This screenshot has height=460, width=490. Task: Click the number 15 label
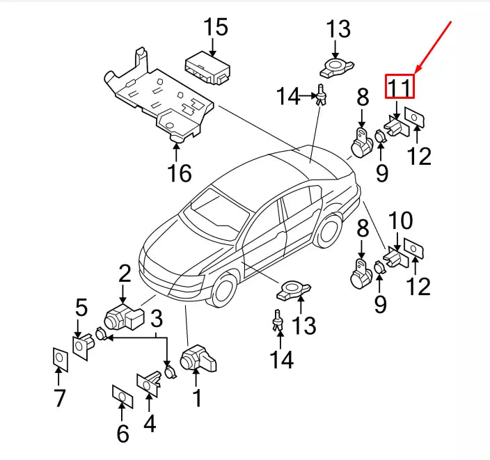(x=216, y=29)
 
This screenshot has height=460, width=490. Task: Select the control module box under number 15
(x=206, y=67)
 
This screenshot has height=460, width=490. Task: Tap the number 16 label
(x=180, y=173)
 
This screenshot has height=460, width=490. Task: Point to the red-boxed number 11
(x=400, y=87)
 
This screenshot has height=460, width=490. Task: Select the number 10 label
(x=400, y=222)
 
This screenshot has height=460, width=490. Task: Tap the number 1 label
(x=197, y=398)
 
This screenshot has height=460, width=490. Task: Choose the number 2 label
(x=124, y=272)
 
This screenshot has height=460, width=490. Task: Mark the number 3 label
(x=157, y=319)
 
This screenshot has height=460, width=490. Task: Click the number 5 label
(x=81, y=307)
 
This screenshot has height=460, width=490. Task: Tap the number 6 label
(x=122, y=434)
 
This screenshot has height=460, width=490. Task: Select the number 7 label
(x=59, y=398)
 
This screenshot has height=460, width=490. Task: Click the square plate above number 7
(x=60, y=360)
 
